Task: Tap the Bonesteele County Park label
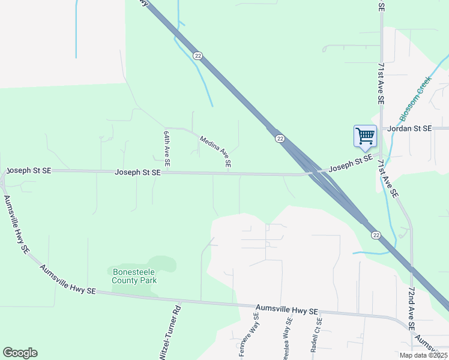point(134,276)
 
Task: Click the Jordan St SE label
point(409,128)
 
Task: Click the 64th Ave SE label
point(167,148)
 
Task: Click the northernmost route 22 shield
point(197,55)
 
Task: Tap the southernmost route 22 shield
point(375,234)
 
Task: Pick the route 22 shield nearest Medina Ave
point(280,139)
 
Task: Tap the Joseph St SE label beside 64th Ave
point(138,172)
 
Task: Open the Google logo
point(20,353)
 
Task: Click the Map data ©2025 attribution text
point(423,355)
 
